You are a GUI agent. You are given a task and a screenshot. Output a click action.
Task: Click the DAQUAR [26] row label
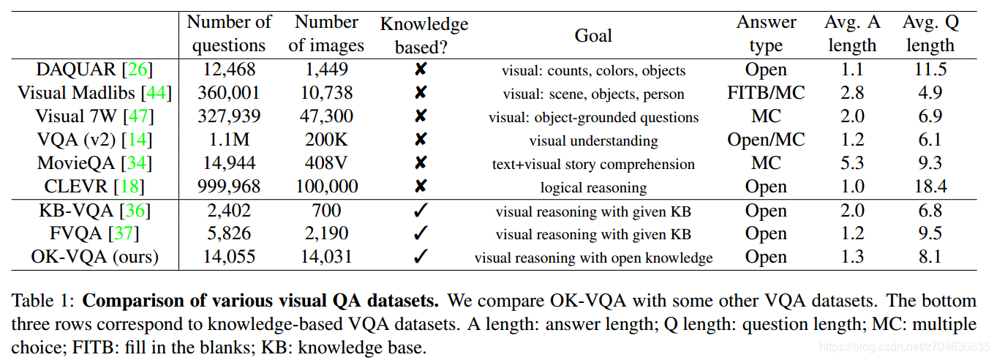tap(95, 70)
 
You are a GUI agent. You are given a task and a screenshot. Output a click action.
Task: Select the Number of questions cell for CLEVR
tap(229, 187)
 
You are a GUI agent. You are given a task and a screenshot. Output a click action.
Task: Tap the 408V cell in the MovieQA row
tap(326, 163)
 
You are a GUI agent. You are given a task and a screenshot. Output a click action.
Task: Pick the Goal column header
tap(593, 35)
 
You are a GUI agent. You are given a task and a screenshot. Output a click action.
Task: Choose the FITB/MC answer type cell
tap(766, 93)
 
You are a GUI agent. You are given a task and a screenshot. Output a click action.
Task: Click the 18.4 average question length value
tap(930, 187)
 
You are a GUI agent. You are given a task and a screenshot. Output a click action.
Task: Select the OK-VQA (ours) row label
tap(95, 258)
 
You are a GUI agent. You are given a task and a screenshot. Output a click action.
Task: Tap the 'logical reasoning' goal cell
tap(593, 187)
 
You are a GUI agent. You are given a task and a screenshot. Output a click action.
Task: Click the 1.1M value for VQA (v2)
tap(229, 140)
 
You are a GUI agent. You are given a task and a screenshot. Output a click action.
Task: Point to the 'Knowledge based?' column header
tap(424, 35)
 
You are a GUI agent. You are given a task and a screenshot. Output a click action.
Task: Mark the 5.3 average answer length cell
tap(853, 163)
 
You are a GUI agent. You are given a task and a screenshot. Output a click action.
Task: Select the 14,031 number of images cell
tap(326, 258)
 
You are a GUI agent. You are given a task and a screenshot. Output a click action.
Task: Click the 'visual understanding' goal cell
tap(593, 140)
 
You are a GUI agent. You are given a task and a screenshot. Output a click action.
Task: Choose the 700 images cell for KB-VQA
tap(326, 211)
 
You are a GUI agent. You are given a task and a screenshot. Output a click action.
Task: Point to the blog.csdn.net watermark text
tap(903, 345)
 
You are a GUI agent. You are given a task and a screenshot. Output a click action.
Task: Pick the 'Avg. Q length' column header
tap(930, 34)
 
